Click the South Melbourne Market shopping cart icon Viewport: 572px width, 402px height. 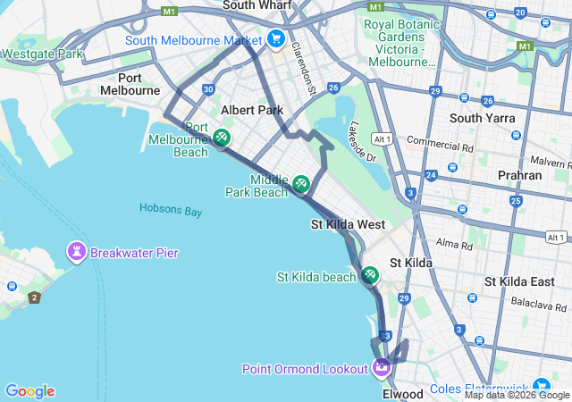(275, 39)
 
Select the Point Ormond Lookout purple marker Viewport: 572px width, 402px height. (382, 367)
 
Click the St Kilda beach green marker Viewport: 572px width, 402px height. (370, 276)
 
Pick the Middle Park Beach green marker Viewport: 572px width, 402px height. (301, 184)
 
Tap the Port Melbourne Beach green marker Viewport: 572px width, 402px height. (222, 138)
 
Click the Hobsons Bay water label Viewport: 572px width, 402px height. (171, 210)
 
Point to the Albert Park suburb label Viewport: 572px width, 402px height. (251, 110)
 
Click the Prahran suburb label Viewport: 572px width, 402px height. (519, 175)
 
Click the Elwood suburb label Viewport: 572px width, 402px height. (401, 394)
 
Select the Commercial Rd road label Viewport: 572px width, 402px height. (439, 142)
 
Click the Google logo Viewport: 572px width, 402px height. (29, 391)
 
